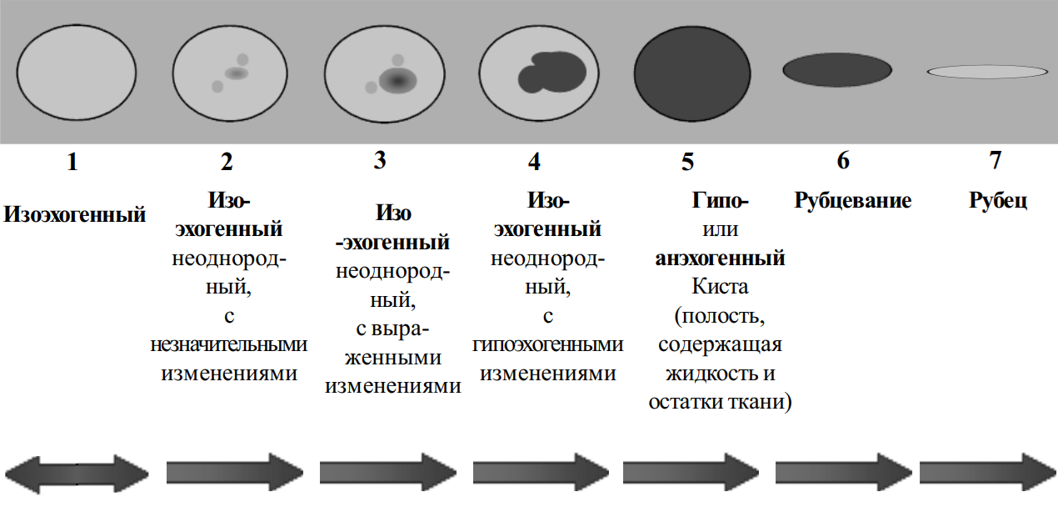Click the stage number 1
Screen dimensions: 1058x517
coord(72,162)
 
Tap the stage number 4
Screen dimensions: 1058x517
coord(534,162)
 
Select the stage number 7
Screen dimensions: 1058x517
coord(996,160)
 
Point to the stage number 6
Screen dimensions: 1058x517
coord(843,161)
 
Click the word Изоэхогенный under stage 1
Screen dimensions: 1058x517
coord(75,214)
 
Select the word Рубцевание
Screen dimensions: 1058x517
coord(852,200)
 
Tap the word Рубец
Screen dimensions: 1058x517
coord(997,200)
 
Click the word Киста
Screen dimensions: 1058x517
coord(720,286)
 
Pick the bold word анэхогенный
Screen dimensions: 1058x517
coord(720,258)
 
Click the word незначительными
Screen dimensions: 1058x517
coord(228,344)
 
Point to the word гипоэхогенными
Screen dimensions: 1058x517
coord(548,345)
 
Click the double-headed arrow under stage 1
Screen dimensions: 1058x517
coord(77,474)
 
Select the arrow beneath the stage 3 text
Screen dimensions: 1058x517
coord(387,473)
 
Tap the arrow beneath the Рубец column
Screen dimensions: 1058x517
coord(987,473)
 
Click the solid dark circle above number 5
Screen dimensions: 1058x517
coord(692,73)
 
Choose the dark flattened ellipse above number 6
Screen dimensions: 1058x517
coord(837,70)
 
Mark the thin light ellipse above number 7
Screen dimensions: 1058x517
coord(987,72)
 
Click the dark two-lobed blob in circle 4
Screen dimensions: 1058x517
coord(552,73)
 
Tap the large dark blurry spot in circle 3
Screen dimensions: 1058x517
coord(397,80)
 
